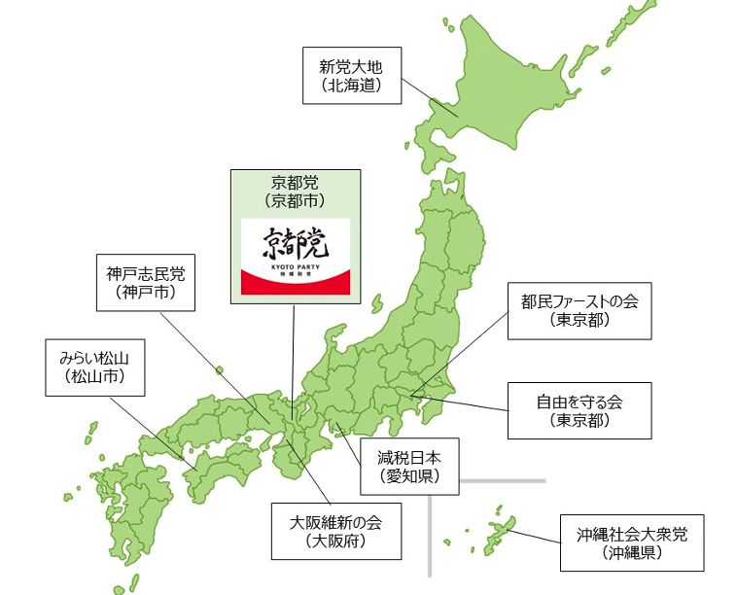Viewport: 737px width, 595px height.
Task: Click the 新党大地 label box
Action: point(351,76)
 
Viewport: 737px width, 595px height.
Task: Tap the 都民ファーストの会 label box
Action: point(579,309)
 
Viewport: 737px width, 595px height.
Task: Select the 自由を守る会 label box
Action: point(579,409)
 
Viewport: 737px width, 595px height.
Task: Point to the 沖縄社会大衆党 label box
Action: point(631,542)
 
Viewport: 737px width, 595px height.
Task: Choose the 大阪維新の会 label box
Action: point(335,530)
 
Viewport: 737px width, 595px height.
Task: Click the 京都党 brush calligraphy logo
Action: point(294,242)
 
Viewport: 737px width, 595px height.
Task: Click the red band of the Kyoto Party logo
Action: point(294,285)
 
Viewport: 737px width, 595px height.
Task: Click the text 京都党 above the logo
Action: point(294,183)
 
